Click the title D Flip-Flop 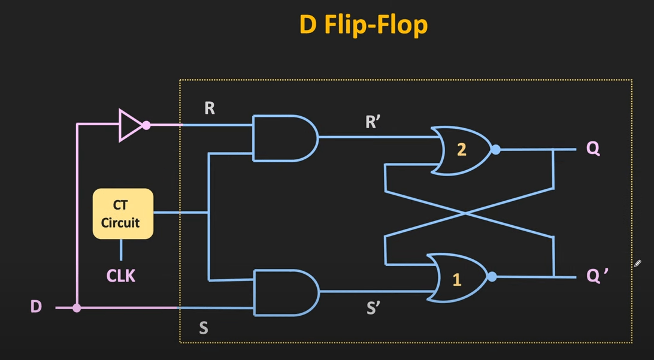(x=363, y=25)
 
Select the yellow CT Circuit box (x=123, y=214)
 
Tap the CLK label (x=121, y=276)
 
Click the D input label (x=36, y=307)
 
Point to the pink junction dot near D (x=77, y=308)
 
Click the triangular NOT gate (x=131, y=125)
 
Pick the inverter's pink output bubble (x=146, y=125)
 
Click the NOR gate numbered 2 (x=461, y=150)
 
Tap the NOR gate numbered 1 (x=458, y=279)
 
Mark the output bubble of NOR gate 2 (x=496, y=150)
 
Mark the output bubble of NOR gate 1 (x=492, y=277)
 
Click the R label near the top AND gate (x=210, y=108)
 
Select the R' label (x=373, y=122)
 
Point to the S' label (x=373, y=308)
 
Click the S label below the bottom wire (x=204, y=328)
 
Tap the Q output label (x=593, y=148)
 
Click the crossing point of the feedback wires (x=469, y=212)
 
